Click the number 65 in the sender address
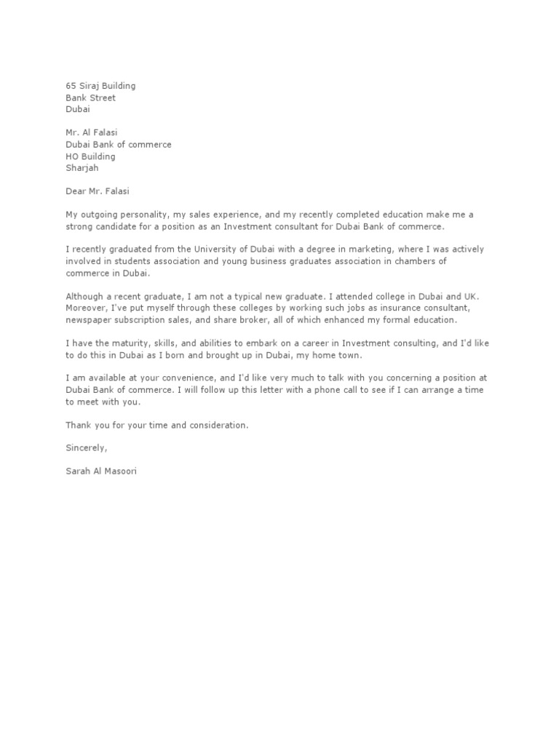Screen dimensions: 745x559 71,86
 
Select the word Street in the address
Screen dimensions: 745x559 103,97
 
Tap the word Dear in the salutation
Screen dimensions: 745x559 76,191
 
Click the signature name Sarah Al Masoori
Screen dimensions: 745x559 100,471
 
